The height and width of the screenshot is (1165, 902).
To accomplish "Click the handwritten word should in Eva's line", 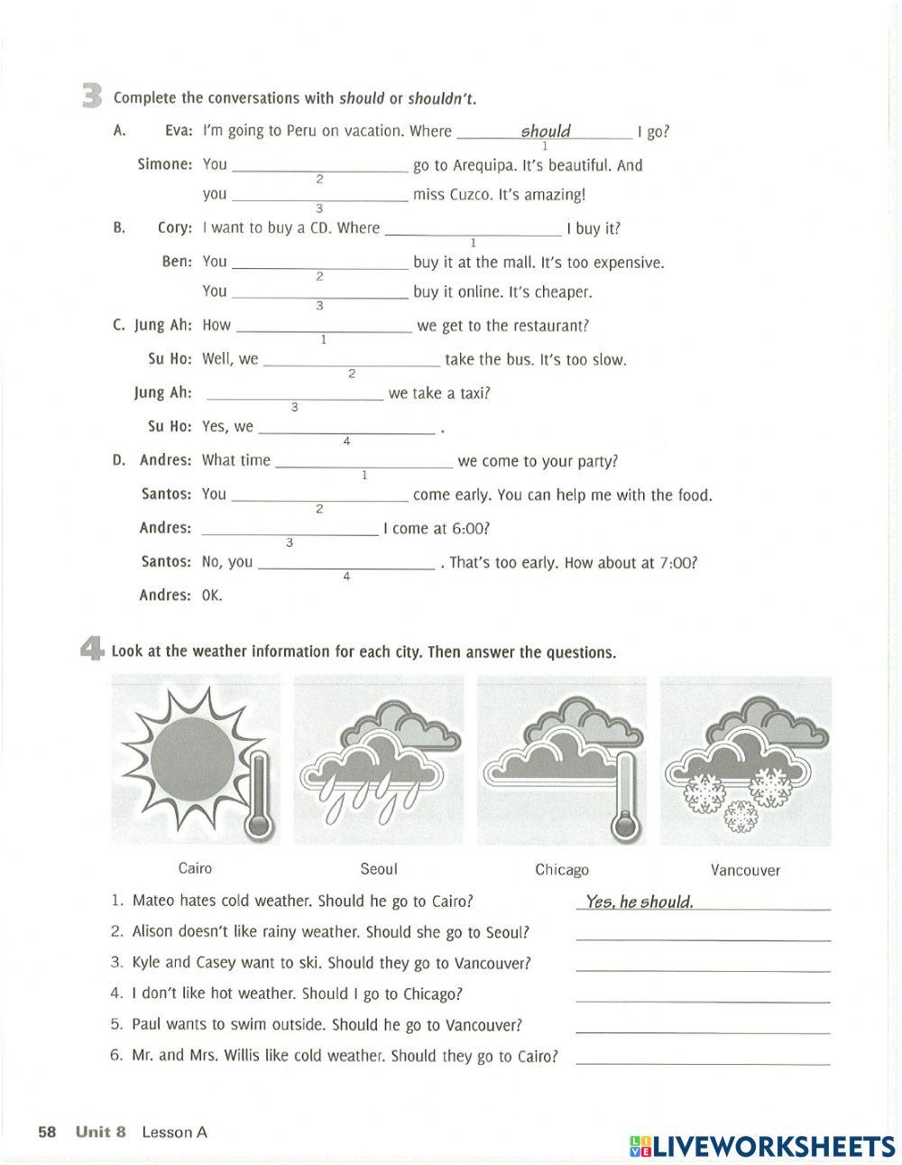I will (546, 131).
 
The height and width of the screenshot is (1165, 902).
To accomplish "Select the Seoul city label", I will (378, 869).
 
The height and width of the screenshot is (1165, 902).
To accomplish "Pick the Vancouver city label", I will (745, 871).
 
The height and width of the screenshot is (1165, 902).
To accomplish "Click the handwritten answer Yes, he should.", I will (640, 901).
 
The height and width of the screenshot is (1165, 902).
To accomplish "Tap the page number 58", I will (47, 1132).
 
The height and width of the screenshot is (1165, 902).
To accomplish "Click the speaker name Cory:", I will (175, 227).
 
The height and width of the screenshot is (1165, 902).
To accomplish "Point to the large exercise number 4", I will (92, 651).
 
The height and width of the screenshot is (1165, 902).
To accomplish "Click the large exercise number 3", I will (92, 96).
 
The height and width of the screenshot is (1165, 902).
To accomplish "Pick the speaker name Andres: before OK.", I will (165, 595).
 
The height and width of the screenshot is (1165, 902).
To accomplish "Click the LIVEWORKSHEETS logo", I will (761, 1145).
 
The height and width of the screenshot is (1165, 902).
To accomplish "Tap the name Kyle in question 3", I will (147, 963).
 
